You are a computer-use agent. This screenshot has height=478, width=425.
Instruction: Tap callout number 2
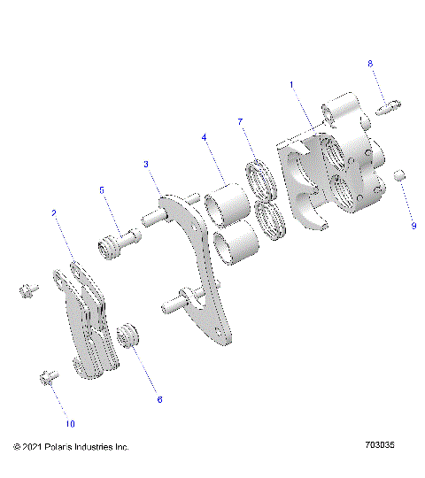coord(55,213)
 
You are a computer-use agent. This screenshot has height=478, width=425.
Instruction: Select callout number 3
coord(146,165)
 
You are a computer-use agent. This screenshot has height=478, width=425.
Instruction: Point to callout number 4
coord(204,138)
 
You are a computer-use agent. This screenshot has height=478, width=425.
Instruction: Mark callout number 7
coord(239,120)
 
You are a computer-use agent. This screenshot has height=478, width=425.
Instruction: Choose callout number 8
coord(370,64)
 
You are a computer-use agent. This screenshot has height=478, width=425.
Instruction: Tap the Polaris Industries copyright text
coord(71,447)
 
